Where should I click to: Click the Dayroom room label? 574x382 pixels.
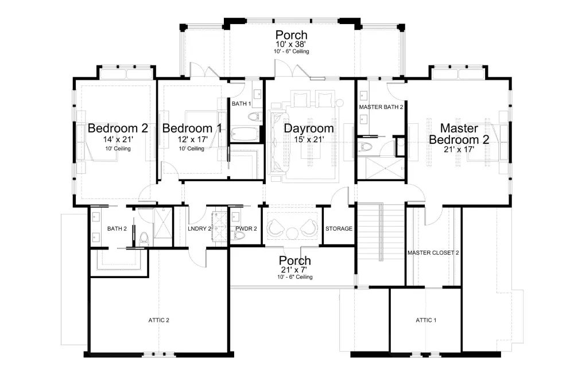(x=309, y=128)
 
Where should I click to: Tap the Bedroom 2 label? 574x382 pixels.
(x=118, y=128)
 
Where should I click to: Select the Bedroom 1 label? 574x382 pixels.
(x=192, y=128)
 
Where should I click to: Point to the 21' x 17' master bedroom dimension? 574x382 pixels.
(x=459, y=149)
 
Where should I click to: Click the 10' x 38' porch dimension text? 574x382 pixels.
(x=291, y=44)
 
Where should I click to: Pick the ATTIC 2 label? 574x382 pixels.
(x=159, y=320)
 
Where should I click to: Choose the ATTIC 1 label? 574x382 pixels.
(x=426, y=320)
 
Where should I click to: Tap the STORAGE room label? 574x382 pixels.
(x=339, y=229)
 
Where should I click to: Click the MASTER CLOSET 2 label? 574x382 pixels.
(x=433, y=253)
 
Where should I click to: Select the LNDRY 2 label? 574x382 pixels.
(x=200, y=229)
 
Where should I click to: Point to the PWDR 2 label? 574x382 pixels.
(x=246, y=229)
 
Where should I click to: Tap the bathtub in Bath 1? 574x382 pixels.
(x=245, y=134)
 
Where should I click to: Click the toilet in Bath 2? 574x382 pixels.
(x=144, y=239)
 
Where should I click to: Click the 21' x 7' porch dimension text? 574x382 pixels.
(x=294, y=270)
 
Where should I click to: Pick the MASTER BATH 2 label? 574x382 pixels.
(x=381, y=107)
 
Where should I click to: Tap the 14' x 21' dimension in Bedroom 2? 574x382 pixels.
(x=118, y=139)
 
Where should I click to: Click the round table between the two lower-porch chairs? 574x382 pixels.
(x=293, y=233)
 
